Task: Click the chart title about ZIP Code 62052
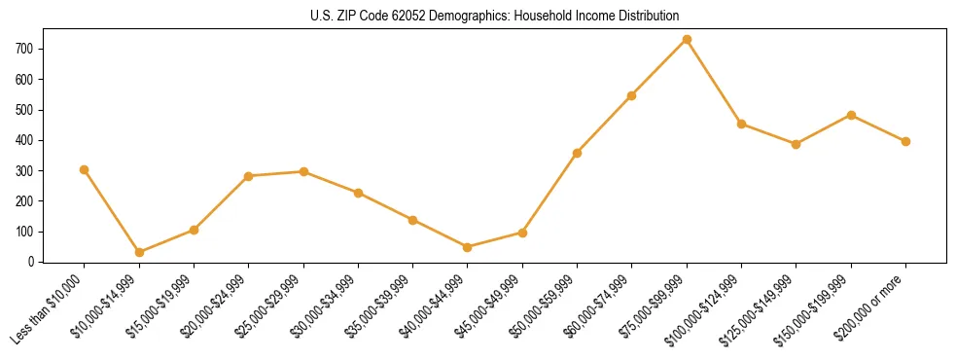478,17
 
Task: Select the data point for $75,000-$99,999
687,39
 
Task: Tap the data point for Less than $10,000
84,169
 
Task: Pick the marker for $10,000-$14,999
139,252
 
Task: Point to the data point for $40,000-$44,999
468,247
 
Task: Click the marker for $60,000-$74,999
632,95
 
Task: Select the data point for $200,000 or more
905,141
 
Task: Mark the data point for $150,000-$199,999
851,115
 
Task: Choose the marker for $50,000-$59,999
578,153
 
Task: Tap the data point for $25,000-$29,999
303,171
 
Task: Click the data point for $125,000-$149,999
796,144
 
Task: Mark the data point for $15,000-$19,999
194,230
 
